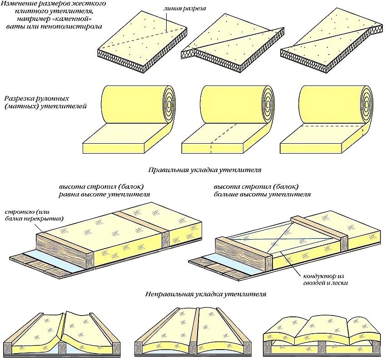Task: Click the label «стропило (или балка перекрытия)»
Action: (x=35, y=215)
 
